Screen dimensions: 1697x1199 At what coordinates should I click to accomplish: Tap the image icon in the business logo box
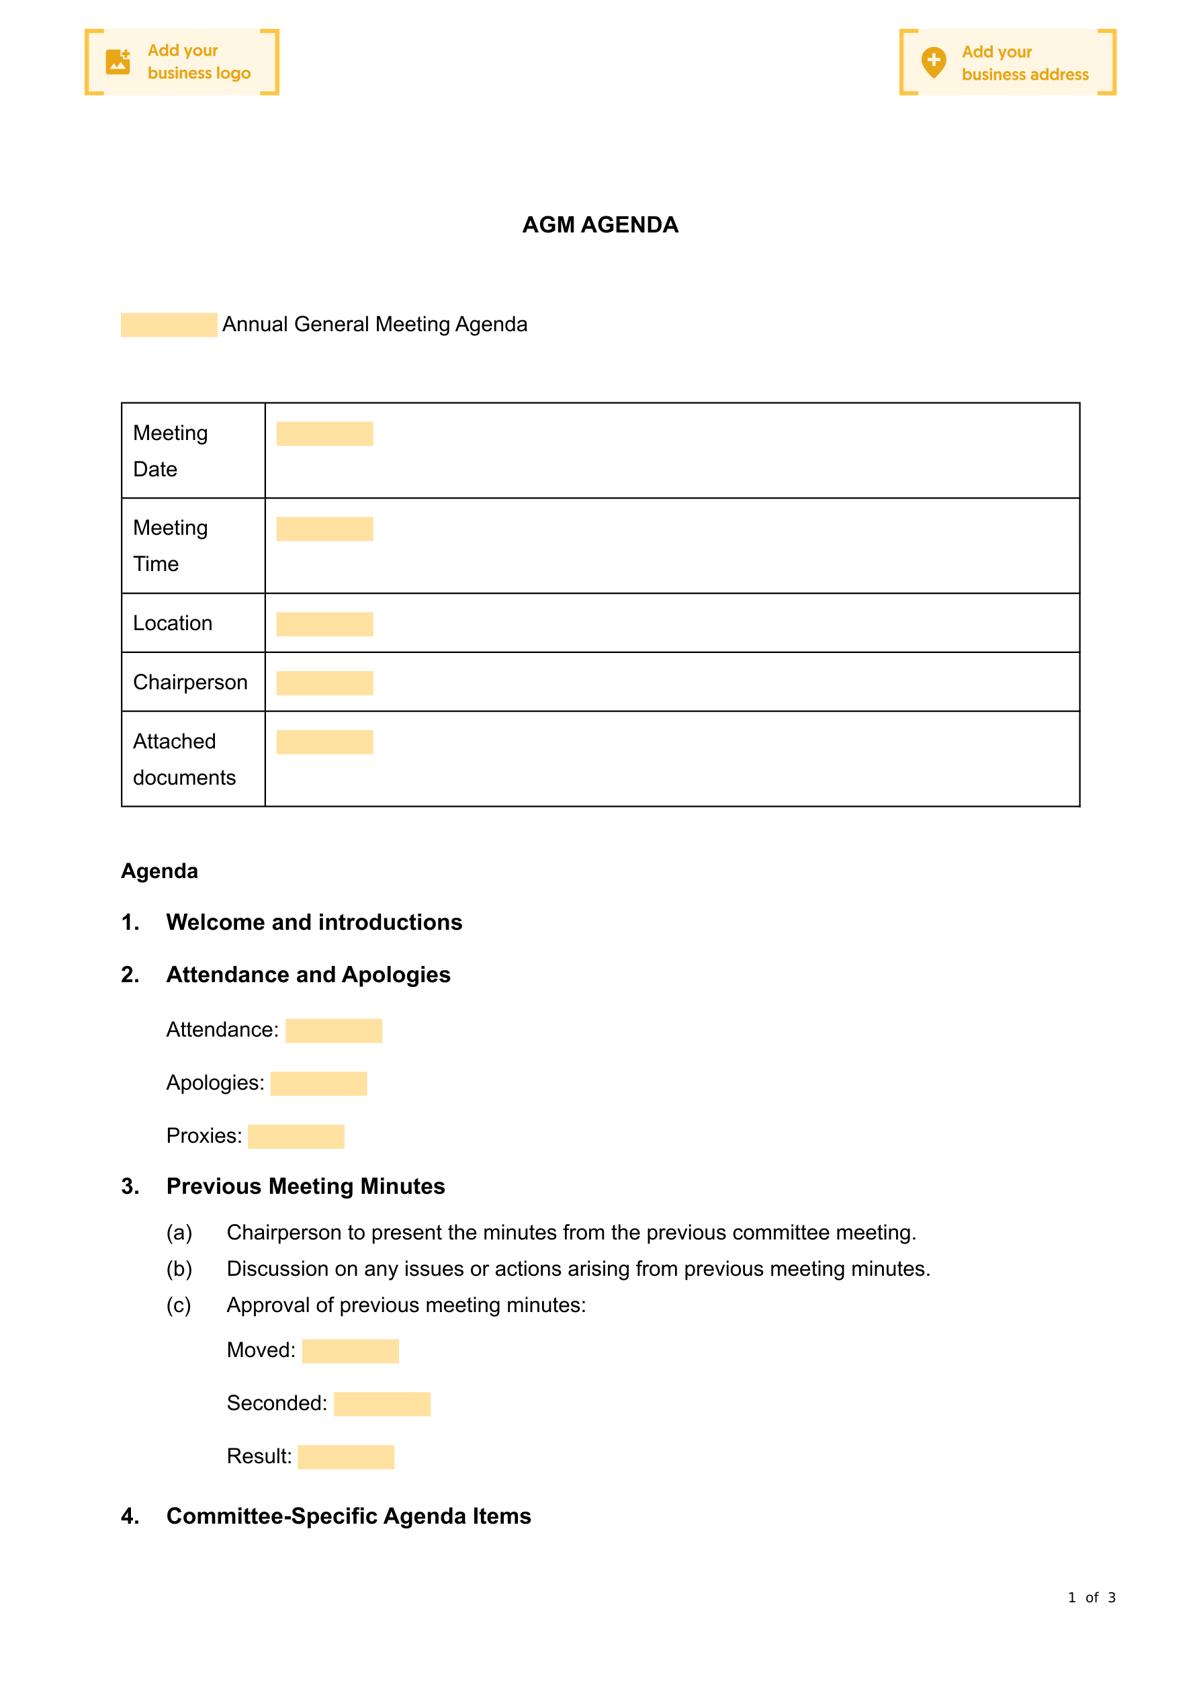pyautogui.click(x=118, y=62)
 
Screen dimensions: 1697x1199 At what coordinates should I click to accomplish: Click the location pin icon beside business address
pyautogui.click(x=934, y=62)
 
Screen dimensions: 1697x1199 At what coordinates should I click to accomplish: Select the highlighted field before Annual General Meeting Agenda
pyautogui.click(x=169, y=325)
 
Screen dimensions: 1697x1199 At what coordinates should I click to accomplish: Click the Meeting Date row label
pyautogui.click(x=170, y=451)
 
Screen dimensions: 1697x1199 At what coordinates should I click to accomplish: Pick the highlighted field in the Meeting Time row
pyautogui.click(x=324, y=529)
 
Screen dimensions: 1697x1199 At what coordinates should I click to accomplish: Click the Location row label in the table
pyautogui.click(x=172, y=623)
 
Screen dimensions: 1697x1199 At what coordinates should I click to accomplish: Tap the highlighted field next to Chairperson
pyautogui.click(x=324, y=683)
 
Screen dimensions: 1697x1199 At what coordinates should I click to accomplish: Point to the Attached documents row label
pyautogui.click(x=183, y=759)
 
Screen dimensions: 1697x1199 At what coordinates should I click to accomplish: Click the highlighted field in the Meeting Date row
pyautogui.click(x=324, y=434)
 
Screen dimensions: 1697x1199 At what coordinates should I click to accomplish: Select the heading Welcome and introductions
pyautogui.click(x=314, y=922)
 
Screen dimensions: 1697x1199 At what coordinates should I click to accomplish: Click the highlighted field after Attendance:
pyautogui.click(x=333, y=1031)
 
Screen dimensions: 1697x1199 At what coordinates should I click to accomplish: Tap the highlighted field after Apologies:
pyautogui.click(x=318, y=1084)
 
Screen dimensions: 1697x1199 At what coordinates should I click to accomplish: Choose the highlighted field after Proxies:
pyautogui.click(x=296, y=1137)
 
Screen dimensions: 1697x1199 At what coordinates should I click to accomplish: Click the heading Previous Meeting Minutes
pyautogui.click(x=306, y=1186)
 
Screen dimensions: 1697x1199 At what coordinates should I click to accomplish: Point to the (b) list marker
pyautogui.click(x=179, y=1269)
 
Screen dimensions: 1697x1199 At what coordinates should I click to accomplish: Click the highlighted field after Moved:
pyautogui.click(x=351, y=1351)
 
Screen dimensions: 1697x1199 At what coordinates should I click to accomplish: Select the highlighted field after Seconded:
pyautogui.click(x=382, y=1404)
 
